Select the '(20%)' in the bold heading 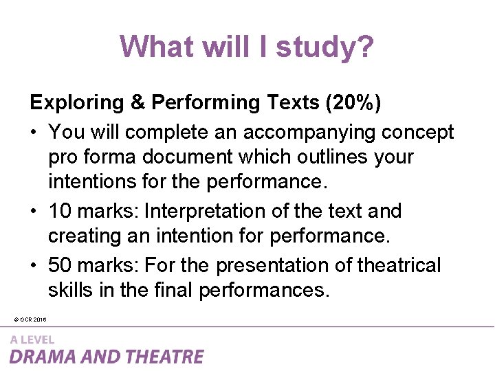coord(355,102)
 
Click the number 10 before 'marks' coord(59,211)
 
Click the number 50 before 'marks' coord(59,265)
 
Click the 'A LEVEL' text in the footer coord(32,339)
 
